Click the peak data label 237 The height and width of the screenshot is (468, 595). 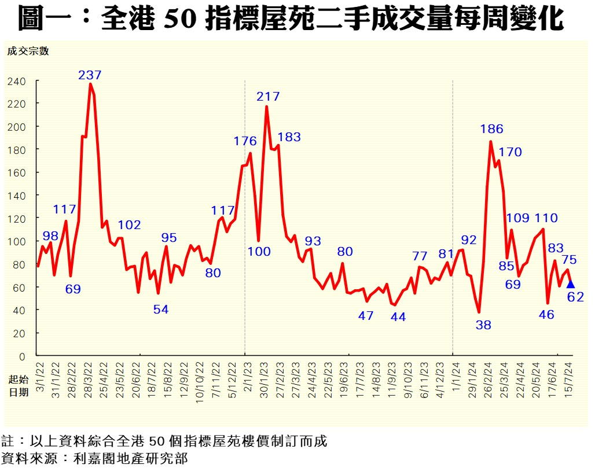(90, 75)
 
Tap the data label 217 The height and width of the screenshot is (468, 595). (268, 96)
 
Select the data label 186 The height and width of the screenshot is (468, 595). (491, 129)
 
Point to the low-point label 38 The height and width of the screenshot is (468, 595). (483, 325)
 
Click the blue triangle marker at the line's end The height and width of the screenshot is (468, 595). (570, 283)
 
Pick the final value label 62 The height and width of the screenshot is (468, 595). (575, 297)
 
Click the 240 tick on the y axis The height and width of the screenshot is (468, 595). (17, 81)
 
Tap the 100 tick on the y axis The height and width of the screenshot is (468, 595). (17, 241)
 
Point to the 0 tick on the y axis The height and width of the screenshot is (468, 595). (23, 356)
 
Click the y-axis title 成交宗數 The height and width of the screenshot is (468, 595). (28, 51)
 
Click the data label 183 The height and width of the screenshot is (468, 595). (289, 137)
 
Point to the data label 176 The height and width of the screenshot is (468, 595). (245, 141)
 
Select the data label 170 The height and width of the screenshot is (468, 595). (510, 152)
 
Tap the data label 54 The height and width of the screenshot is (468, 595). (161, 309)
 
